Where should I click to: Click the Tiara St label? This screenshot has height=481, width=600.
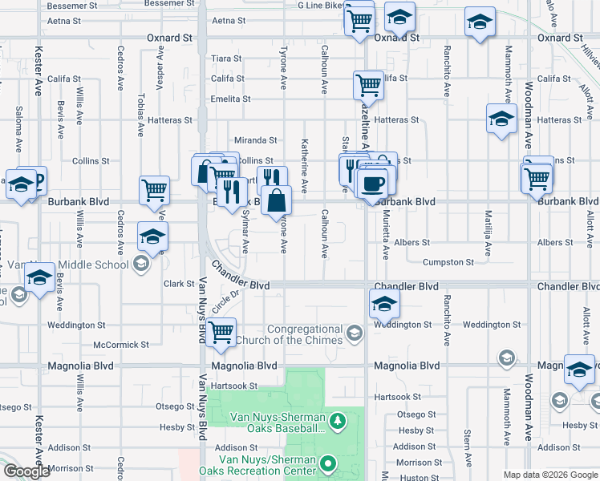(x=226, y=59)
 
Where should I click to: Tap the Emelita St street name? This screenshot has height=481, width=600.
(x=231, y=99)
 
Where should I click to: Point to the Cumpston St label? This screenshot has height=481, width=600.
(x=448, y=262)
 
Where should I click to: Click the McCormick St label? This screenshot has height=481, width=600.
(x=121, y=345)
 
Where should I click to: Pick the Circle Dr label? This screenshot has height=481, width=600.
(x=227, y=302)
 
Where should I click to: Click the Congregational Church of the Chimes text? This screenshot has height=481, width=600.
(x=305, y=335)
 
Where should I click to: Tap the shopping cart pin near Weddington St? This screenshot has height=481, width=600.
(x=221, y=332)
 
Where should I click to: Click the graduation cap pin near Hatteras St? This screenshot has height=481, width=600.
(x=501, y=120)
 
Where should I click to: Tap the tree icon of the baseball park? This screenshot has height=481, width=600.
(x=339, y=419)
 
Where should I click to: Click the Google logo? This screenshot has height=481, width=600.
(x=26, y=471)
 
